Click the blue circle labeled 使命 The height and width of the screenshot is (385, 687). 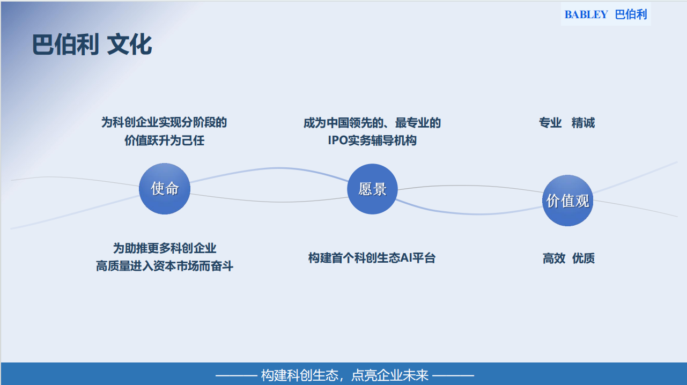tap(165, 189)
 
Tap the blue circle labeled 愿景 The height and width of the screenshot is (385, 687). tap(372, 189)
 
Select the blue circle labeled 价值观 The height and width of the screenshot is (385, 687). tap(567, 201)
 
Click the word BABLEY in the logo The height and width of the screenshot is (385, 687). tap(586, 14)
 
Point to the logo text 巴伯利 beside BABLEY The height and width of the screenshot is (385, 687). tap(631, 14)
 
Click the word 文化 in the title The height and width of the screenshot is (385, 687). tap(129, 45)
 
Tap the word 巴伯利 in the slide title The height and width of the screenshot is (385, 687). tap(65, 45)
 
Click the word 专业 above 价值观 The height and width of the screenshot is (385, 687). tap(550, 123)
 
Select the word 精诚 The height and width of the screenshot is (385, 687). tap(583, 123)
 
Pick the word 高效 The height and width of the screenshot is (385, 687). tap(554, 258)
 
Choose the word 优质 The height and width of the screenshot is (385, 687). tap(583, 258)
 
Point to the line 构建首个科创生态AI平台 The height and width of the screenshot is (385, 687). tap(372, 258)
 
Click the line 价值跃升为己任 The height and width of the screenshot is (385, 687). tap(165, 140)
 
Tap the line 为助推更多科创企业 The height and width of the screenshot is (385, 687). tap(165, 248)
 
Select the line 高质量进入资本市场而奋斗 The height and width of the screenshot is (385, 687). tap(165, 266)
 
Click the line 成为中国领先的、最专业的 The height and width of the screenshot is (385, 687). tap(372, 123)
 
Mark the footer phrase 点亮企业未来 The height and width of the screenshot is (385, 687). tap(389, 375)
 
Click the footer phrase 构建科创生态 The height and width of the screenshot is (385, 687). tap(300, 375)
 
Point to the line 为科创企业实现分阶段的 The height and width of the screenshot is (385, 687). tap(164, 122)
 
